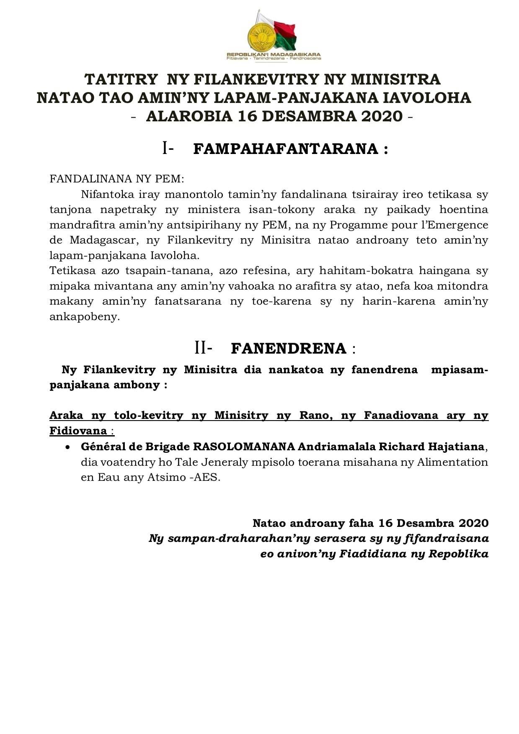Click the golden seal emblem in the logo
click(x=260, y=37)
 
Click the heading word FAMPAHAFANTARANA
click(x=286, y=149)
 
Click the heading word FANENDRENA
click(x=289, y=348)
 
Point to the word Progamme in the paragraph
click(x=350, y=225)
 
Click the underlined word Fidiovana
click(x=78, y=431)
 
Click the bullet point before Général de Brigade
click(x=67, y=447)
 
